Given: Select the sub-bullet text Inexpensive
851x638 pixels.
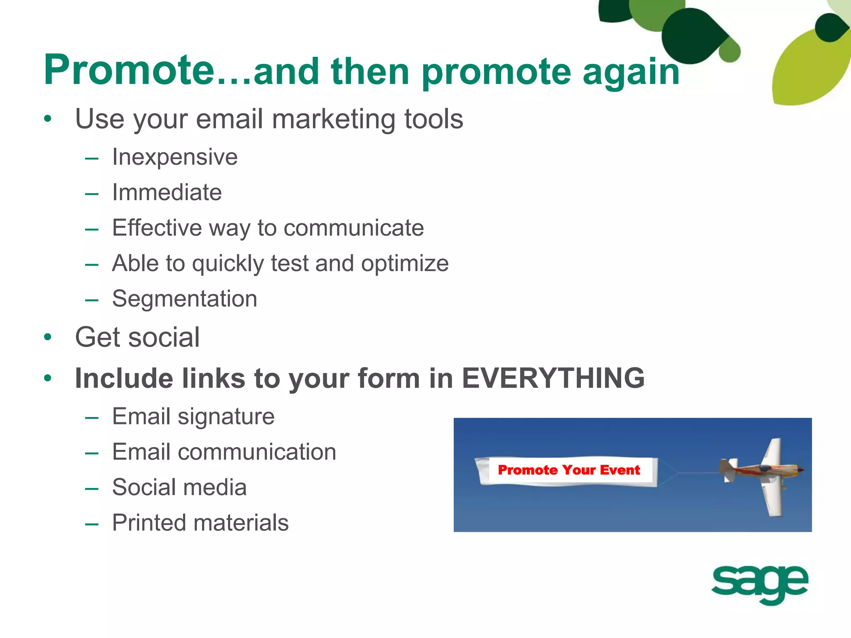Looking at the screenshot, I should click(175, 157).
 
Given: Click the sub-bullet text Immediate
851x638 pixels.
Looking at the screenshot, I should click(167, 193).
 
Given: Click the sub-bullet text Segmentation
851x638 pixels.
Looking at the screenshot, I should click(184, 299).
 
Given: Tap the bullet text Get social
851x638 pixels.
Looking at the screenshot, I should click(137, 337).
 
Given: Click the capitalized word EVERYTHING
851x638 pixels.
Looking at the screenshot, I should click(553, 378).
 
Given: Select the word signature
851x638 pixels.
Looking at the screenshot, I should click(226, 417).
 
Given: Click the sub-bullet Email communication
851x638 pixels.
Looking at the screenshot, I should click(224, 452).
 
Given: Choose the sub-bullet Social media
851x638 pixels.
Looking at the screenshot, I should click(179, 487).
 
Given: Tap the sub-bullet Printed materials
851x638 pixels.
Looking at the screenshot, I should click(200, 523).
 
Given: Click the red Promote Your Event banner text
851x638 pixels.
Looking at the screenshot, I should click(568, 470).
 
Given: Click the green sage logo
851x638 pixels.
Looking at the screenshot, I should click(760, 584).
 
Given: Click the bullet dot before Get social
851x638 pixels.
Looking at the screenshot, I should click(48, 337).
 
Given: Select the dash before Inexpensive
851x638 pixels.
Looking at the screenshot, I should click(91, 158).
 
